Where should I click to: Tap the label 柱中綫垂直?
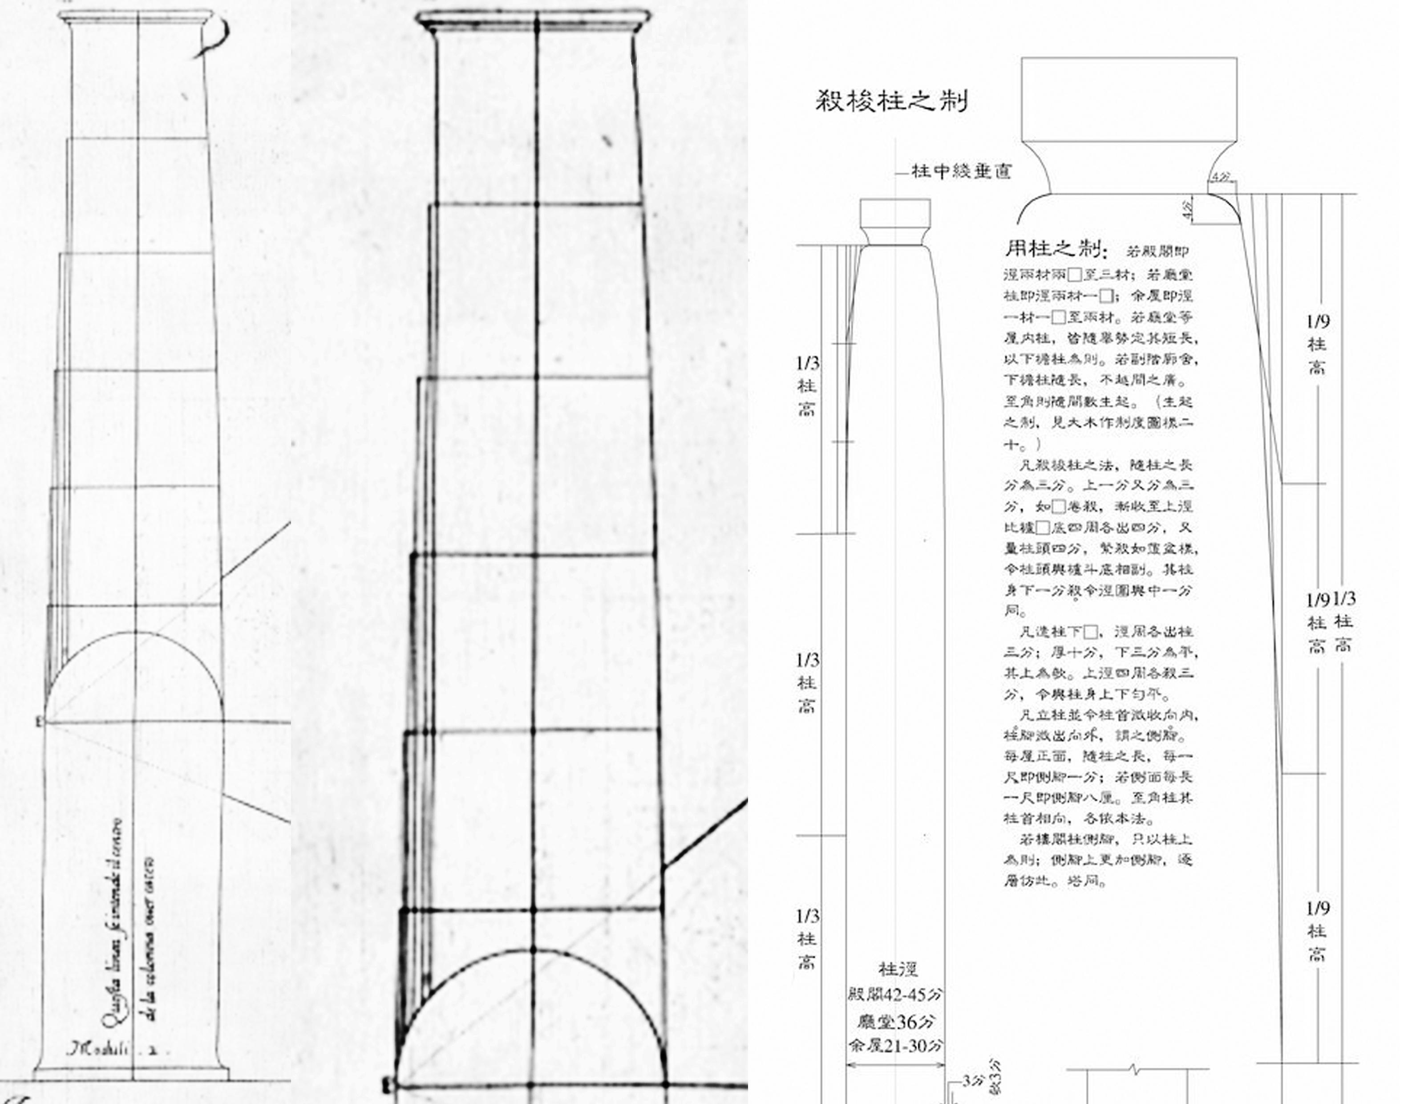click(961, 171)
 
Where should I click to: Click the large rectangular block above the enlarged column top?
click(1129, 99)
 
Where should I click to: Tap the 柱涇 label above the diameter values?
click(898, 969)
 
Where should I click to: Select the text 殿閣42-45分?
click(895, 994)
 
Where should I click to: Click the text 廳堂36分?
click(896, 1021)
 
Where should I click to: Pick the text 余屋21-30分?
click(895, 1046)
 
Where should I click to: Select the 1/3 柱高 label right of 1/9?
click(1343, 621)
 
